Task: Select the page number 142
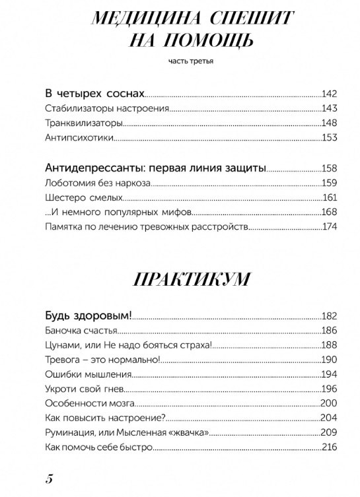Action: point(329,94)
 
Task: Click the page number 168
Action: point(329,213)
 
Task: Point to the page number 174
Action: point(329,227)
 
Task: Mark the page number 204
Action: point(329,417)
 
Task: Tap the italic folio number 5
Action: point(48,479)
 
